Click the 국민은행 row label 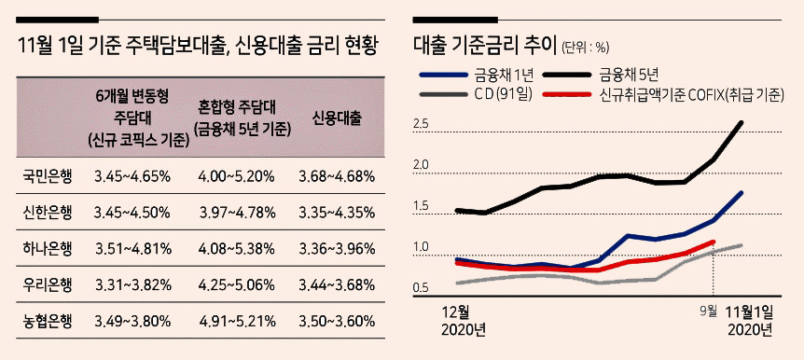[x=47, y=176]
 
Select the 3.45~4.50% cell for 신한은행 [x=132, y=212]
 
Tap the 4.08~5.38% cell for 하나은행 [x=236, y=249]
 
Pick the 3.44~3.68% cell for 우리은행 [x=337, y=285]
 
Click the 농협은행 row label [x=47, y=322]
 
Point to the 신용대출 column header [x=337, y=119]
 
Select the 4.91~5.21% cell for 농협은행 [x=236, y=322]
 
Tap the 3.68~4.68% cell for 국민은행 [x=337, y=176]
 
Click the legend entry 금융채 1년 [x=477, y=76]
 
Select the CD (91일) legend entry [x=477, y=95]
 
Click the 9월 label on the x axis [x=708, y=311]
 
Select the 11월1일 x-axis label [x=750, y=312]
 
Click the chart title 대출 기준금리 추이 [x=485, y=46]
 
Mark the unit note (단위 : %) [x=585, y=48]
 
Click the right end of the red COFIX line [x=714, y=241]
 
